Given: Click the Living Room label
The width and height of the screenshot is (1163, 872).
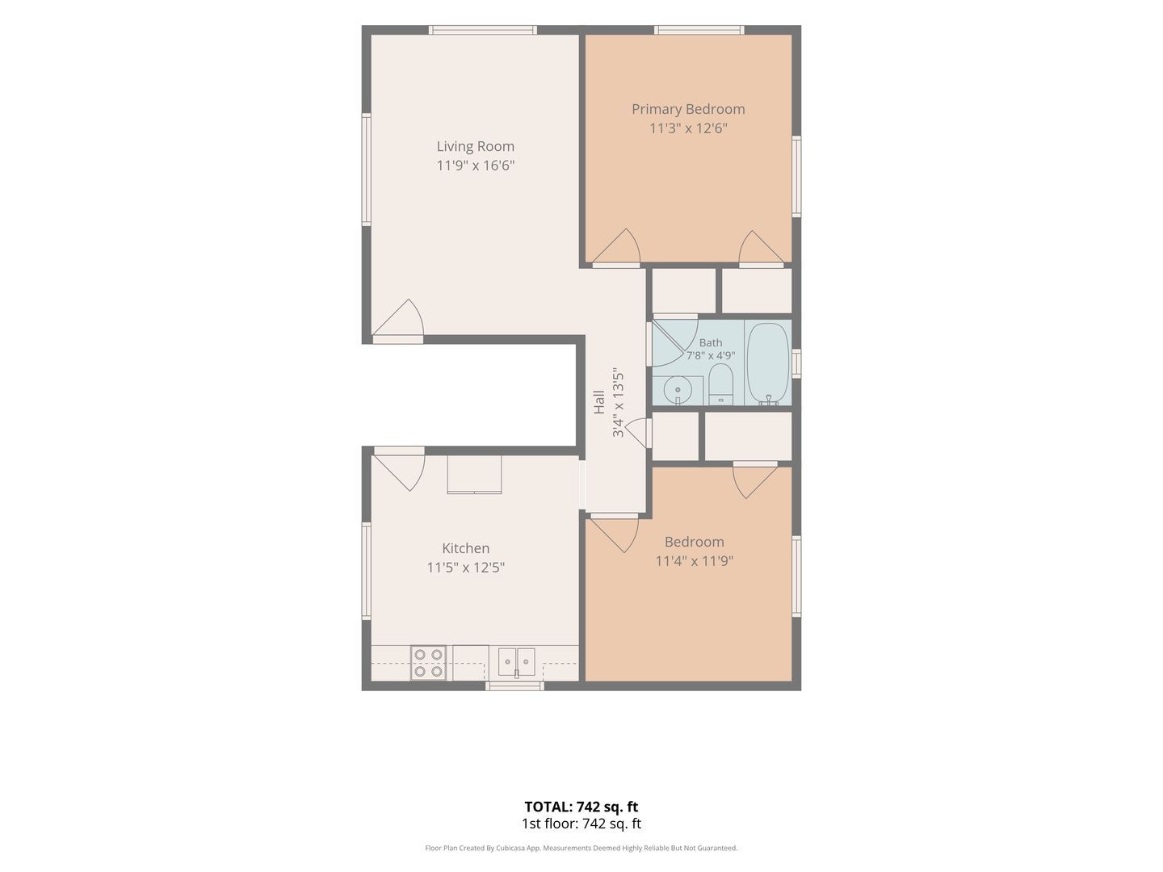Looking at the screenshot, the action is coord(475,146).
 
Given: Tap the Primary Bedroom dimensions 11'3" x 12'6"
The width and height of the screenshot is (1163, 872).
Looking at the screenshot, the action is coord(688,128).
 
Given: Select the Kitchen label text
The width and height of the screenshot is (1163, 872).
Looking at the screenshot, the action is coord(466,548).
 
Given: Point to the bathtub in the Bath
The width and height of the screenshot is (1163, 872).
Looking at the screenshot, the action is coord(768,363).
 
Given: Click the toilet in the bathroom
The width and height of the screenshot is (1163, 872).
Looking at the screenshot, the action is coord(720,384).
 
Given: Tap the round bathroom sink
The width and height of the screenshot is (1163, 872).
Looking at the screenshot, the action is coord(678,391).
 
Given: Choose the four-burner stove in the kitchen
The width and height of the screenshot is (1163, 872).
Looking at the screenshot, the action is coord(428,663).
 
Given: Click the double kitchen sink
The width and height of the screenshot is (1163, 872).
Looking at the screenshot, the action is coord(517,662).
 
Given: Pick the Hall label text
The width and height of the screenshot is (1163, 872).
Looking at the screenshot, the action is coord(598,402).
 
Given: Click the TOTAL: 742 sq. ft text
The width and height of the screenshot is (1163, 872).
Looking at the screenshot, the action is coord(581,807).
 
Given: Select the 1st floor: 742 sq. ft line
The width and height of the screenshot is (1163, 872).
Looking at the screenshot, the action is coord(581,824).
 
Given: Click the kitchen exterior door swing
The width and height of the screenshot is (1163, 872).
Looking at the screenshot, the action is coord(399,468).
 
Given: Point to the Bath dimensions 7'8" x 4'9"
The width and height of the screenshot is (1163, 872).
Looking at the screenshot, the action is coord(710,355).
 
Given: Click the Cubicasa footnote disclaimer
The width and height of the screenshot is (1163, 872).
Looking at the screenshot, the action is coord(581,848).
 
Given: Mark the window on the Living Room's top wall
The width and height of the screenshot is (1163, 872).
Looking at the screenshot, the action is coord(483,30).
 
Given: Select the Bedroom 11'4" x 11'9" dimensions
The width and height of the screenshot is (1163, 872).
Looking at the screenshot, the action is coord(694,560).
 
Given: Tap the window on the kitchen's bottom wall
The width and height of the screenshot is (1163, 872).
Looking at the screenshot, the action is coord(515,686).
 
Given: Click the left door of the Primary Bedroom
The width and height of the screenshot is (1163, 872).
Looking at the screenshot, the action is coord(616,247).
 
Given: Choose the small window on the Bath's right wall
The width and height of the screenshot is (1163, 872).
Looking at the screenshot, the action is coord(796,363).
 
